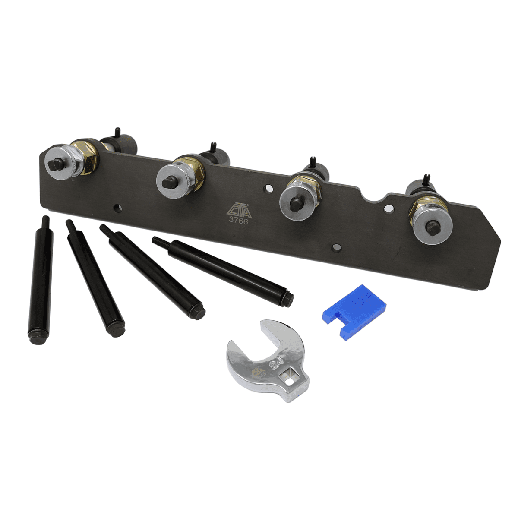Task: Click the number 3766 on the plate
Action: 236,219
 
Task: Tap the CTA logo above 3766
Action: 236,208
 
